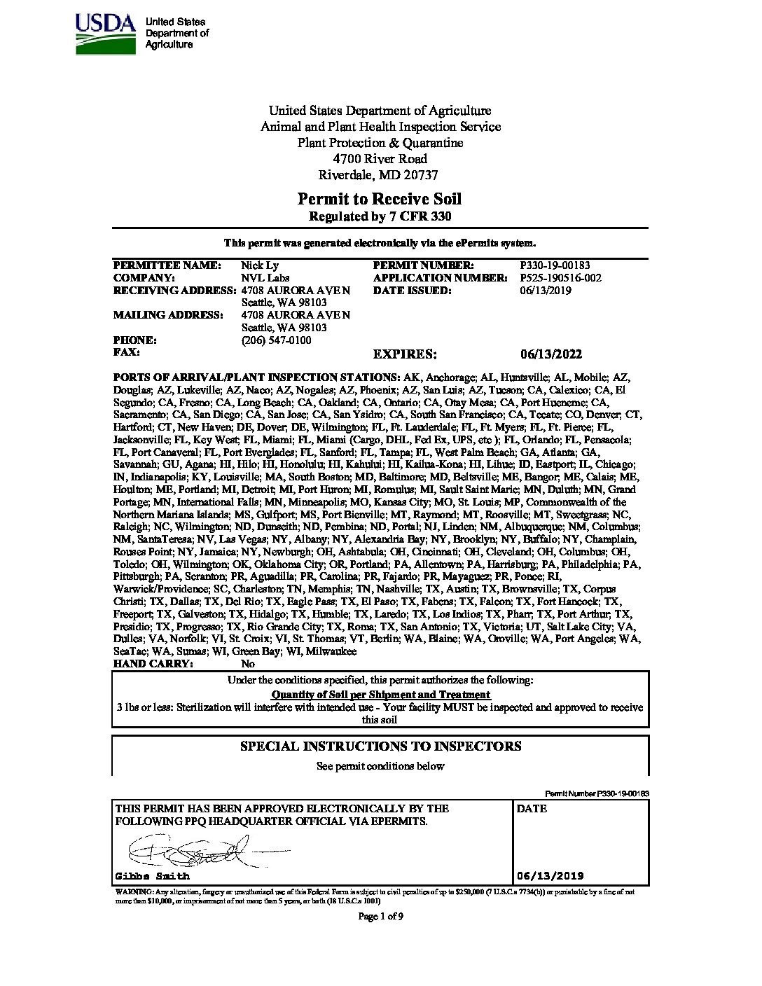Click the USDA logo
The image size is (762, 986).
(x=104, y=29)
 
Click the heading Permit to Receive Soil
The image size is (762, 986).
(x=380, y=200)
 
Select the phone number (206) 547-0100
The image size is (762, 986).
(x=276, y=340)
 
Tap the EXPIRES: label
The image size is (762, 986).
(x=406, y=354)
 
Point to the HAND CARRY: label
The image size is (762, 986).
(x=152, y=664)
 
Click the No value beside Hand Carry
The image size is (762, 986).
(x=248, y=664)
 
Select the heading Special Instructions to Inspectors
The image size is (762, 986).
(x=380, y=747)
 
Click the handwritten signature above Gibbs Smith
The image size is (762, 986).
(x=186, y=852)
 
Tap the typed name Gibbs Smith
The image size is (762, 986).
(x=152, y=876)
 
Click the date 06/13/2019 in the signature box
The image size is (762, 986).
(x=550, y=876)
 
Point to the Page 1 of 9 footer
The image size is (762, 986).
(x=380, y=916)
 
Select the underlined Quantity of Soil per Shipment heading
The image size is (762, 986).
(x=380, y=695)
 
